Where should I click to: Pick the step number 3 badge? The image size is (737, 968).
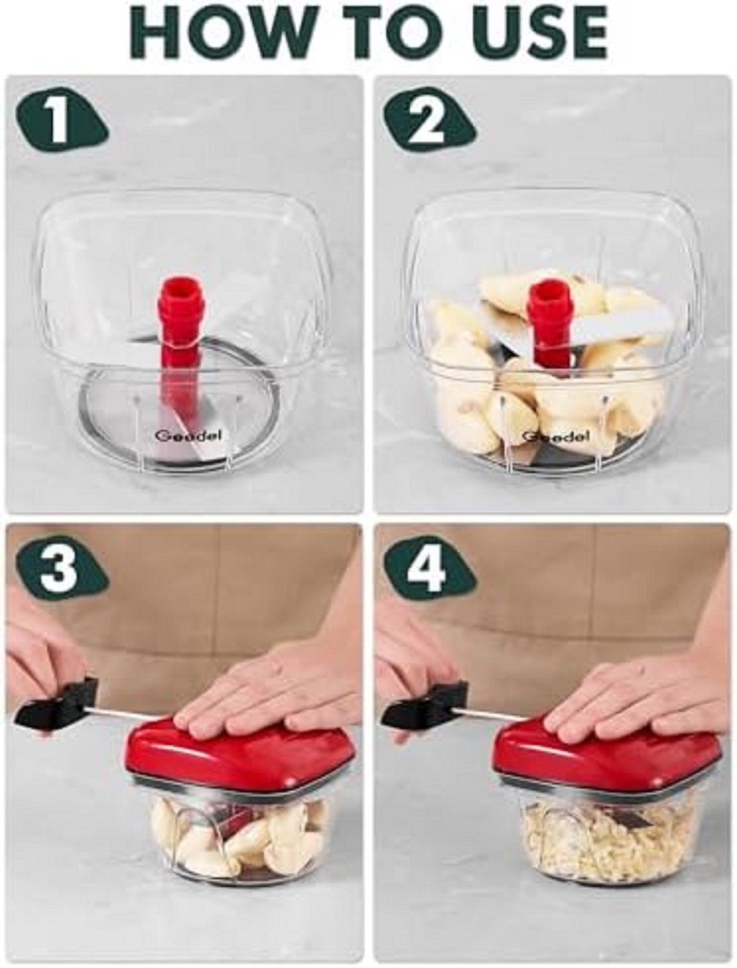pos(61,567)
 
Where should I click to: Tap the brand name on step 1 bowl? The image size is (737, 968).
pos(188,436)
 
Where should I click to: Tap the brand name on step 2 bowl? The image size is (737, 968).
pos(555,437)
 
